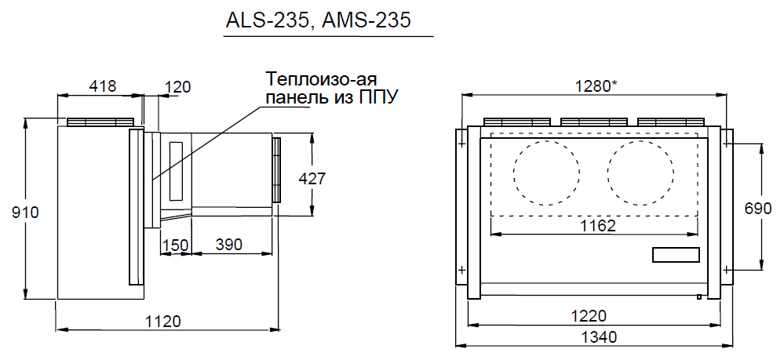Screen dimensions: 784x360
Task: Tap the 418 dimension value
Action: (102, 86)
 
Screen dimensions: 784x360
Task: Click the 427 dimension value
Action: (312, 179)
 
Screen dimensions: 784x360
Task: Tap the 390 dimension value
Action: (228, 245)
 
